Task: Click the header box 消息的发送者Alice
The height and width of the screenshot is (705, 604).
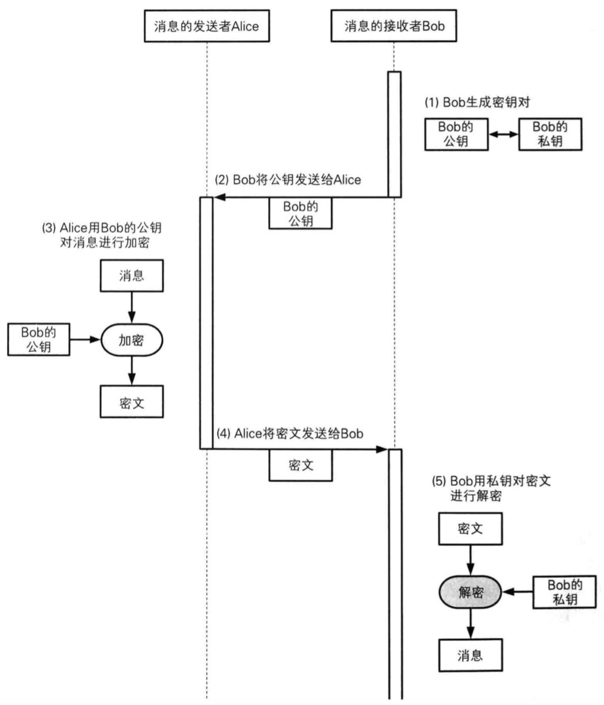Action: (207, 26)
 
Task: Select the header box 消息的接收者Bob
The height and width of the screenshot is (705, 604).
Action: (394, 26)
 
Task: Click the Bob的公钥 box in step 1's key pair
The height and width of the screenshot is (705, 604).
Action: (456, 133)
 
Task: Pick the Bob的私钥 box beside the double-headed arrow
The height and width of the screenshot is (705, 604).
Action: (549, 133)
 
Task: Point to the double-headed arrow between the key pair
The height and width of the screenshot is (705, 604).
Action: (503, 133)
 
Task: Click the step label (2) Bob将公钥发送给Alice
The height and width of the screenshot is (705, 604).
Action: (288, 179)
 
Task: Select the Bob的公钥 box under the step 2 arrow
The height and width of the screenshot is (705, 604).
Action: (300, 213)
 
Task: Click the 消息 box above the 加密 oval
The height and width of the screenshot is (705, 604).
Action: (132, 275)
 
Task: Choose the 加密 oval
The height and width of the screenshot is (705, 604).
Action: (132, 340)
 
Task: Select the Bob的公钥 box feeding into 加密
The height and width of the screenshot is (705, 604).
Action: (38, 339)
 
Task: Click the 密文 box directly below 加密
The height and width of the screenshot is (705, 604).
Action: (132, 401)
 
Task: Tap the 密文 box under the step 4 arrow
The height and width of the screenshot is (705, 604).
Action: (300, 465)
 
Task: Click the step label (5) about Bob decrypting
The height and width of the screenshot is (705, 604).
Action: (491, 488)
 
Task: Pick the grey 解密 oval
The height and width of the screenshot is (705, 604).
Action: (470, 593)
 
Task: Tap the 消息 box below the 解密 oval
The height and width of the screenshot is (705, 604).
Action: (470, 656)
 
